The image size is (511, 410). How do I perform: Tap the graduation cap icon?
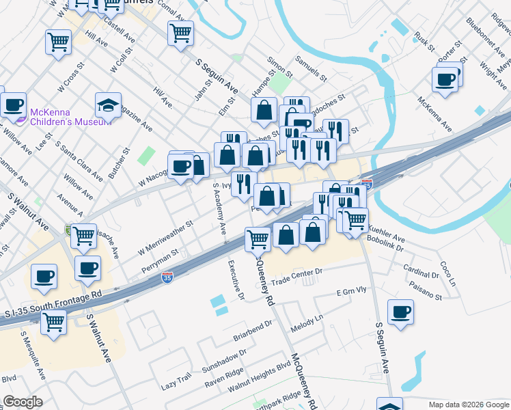click(108, 105)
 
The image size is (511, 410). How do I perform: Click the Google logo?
click(23, 402)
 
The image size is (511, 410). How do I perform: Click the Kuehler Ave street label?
click(387, 233)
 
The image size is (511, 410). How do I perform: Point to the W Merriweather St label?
click(165, 235)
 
